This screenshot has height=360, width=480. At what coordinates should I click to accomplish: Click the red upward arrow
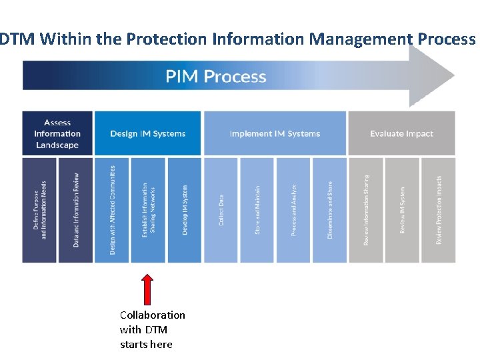(x=148, y=289)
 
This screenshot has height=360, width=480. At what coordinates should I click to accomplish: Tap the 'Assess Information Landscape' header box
(x=57, y=133)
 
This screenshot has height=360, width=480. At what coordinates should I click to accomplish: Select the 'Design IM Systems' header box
(x=147, y=133)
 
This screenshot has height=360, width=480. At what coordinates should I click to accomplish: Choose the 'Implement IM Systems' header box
(x=275, y=133)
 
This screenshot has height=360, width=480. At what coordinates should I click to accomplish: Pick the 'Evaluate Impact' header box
(x=401, y=133)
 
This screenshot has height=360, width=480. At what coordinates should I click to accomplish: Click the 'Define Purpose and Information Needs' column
(x=39, y=210)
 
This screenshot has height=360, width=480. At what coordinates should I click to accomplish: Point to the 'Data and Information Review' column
(x=75, y=210)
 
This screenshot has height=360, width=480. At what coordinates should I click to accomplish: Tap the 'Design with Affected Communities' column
(x=112, y=210)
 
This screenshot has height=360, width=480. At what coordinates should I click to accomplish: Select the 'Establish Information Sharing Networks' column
(x=148, y=210)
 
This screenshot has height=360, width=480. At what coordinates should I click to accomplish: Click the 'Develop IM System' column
(x=184, y=210)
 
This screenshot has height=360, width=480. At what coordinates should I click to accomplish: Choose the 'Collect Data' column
(x=221, y=210)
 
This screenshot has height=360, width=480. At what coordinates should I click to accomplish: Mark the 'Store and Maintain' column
(x=257, y=210)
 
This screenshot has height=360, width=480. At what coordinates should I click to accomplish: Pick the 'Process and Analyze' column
(x=293, y=210)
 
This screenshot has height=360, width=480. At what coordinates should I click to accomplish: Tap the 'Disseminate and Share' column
(x=329, y=210)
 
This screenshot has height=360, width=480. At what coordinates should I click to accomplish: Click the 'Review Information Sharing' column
(x=366, y=210)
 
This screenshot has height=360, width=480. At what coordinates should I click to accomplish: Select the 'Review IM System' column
(x=402, y=210)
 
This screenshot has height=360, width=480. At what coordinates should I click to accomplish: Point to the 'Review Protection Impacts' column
(x=438, y=210)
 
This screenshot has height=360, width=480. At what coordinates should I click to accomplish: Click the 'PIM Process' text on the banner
(x=216, y=76)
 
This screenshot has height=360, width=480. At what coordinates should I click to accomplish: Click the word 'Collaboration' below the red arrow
(x=153, y=315)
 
